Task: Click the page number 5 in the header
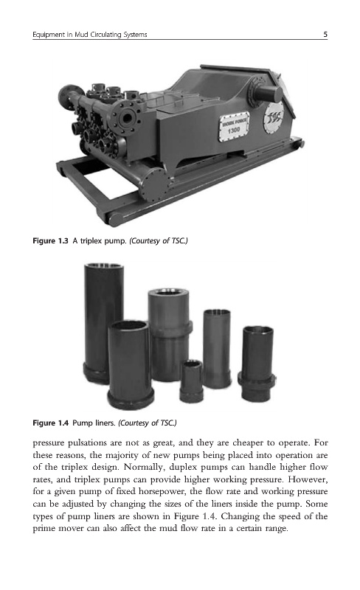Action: click(325, 35)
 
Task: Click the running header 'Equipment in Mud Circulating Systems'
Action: click(89, 35)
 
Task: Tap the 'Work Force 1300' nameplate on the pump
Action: click(234, 126)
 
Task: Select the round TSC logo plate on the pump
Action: click(274, 118)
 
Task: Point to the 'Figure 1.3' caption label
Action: click(50, 240)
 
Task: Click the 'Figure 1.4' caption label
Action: click(50, 423)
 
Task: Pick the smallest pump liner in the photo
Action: click(191, 381)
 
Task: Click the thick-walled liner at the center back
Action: click(169, 334)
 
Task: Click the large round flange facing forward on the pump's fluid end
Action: click(127, 118)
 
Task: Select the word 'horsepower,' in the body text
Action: click(162, 492)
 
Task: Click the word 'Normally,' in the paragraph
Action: click(145, 468)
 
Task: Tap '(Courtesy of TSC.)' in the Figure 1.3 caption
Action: click(158, 240)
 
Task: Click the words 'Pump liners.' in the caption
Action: click(94, 423)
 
